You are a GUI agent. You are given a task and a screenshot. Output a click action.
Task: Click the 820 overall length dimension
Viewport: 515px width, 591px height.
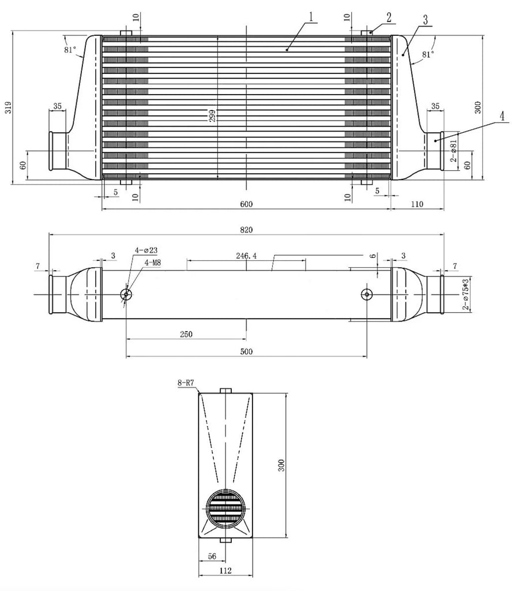(246, 230)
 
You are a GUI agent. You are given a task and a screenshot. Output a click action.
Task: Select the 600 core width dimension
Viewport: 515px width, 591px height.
(246, 204)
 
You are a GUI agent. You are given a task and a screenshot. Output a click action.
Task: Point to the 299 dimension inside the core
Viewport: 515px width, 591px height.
(212, 115)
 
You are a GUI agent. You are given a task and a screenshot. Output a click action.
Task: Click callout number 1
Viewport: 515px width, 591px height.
(311, 17)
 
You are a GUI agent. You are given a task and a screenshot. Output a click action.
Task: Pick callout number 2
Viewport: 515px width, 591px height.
(389, 17)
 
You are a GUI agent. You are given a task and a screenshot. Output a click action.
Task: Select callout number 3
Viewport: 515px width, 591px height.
(426, 20)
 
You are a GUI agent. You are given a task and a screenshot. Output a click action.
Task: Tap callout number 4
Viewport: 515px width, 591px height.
(502, 117)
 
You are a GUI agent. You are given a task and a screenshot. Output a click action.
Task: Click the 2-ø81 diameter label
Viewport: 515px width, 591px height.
(453, 151)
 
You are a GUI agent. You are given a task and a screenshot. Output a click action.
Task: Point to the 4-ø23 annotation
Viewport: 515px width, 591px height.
(146, 250)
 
